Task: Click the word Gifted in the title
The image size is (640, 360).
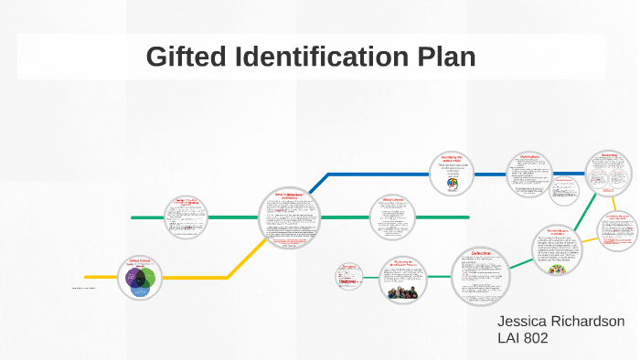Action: tap(187, 57)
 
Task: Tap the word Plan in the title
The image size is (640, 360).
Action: tap(447, 57)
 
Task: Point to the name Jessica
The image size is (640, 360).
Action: tap(524, 323)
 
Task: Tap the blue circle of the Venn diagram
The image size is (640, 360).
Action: tap(140, 287)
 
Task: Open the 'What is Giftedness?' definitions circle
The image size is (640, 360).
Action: tap(293, 217)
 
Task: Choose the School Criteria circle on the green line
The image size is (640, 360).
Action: tap(393, 217)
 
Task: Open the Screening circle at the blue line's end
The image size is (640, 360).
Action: tap(609, 174)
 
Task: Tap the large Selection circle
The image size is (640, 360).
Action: tap(482, 275)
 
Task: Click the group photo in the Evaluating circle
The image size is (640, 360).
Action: tap(405, 292)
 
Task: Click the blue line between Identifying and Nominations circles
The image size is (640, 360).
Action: tap(490, 174)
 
